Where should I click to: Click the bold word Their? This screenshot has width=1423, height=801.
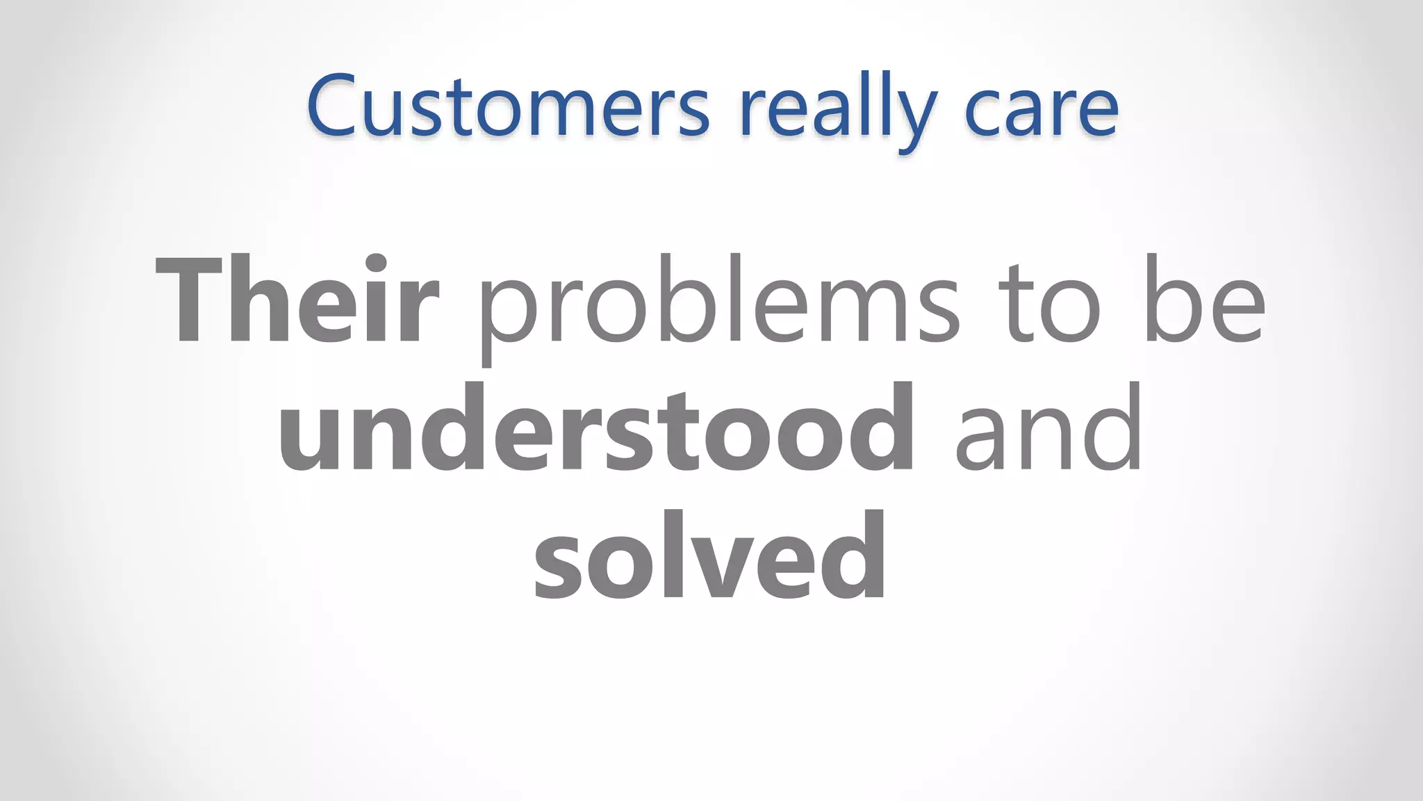pos(297,300)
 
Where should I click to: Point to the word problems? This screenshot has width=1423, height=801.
pos(719,302)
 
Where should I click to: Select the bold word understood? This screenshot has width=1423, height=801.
pos(596,428)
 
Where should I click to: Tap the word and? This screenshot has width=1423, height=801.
pos(1048,428)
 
